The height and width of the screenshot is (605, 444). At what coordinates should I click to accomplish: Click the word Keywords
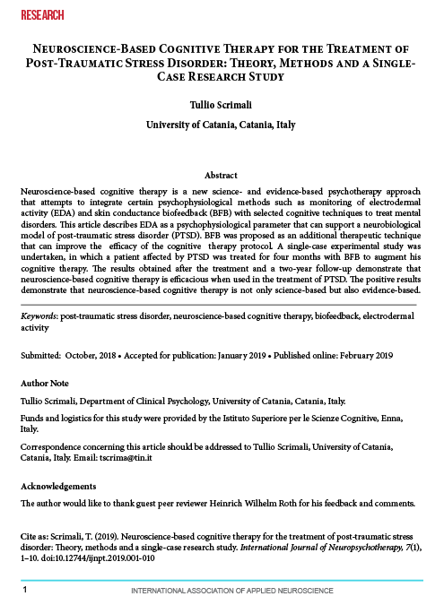(38, 317)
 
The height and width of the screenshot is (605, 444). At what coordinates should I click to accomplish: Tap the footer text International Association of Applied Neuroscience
(222, 592)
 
